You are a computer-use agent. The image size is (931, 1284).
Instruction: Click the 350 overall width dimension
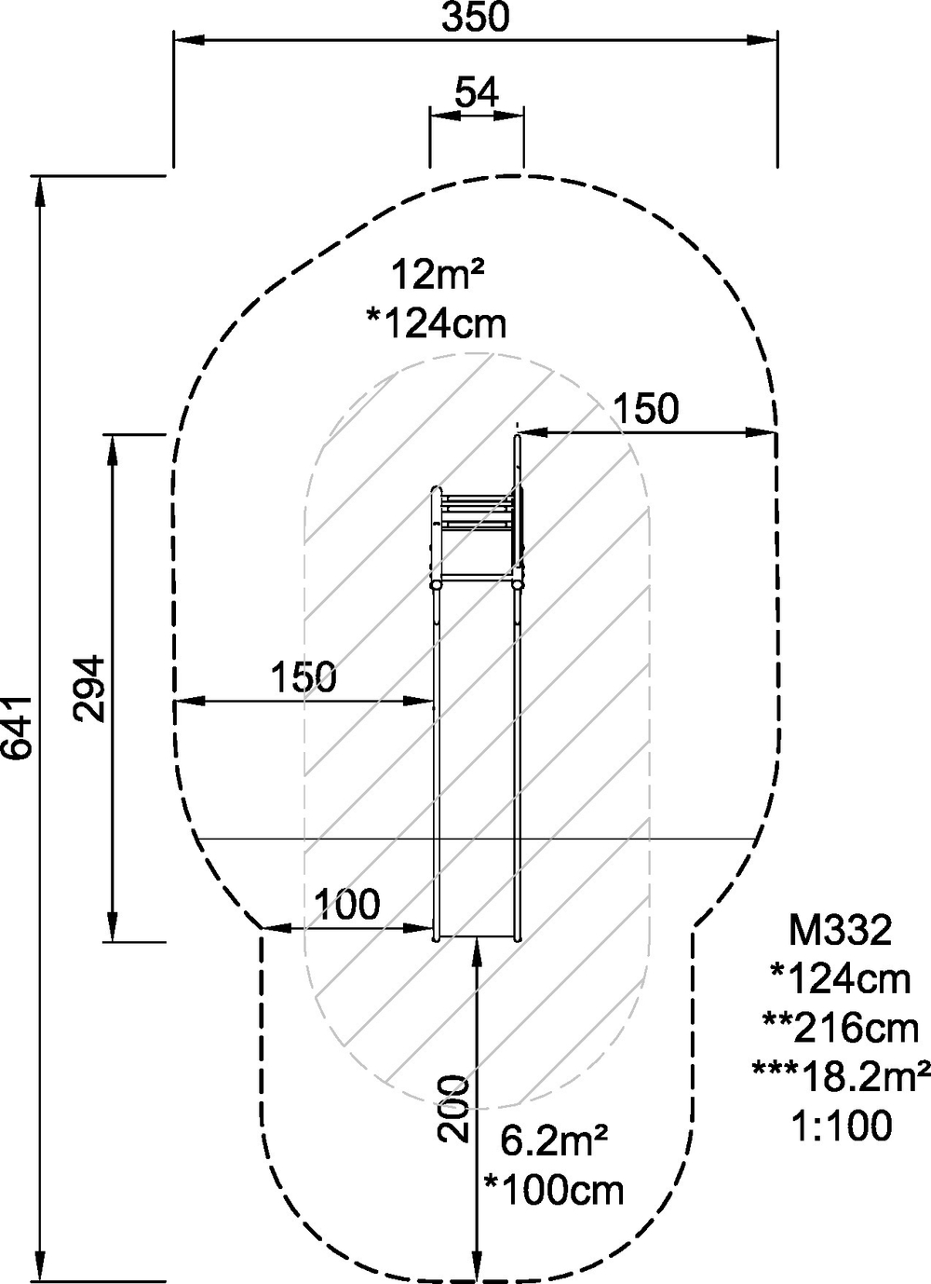(475, 18)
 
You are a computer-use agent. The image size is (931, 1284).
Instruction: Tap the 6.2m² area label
(554, 1141)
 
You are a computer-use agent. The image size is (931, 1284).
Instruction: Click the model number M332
(841, 930)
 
